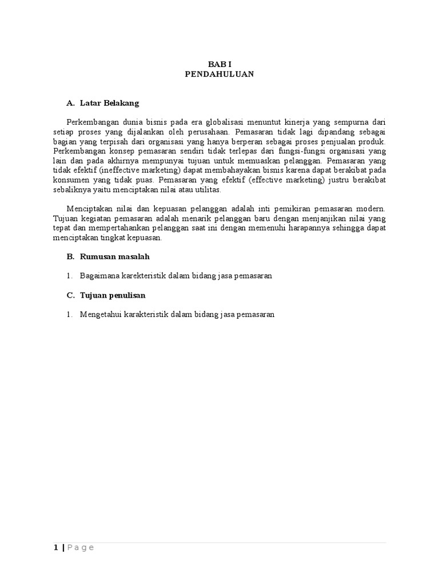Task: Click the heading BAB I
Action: [x=219, y=65]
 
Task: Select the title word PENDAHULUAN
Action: [x=219, y=74]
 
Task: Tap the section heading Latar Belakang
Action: [x=109, y=103]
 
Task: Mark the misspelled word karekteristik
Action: [x=142, y=276]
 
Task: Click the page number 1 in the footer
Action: [x=55, y=548]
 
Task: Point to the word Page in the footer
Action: [x=81, y=548]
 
